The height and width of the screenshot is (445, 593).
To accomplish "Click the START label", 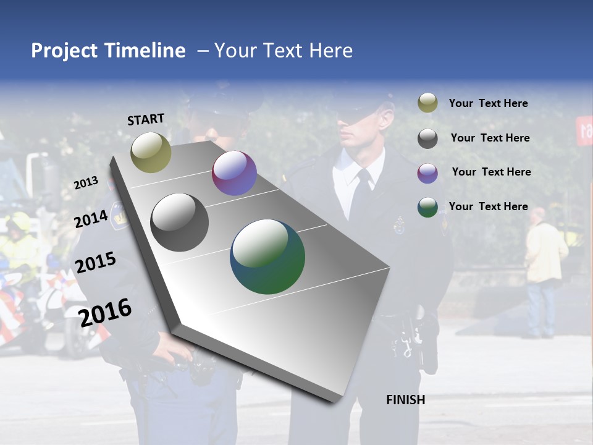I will click(x=146, y=119).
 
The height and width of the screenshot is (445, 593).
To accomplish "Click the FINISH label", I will click(x=406, y=400).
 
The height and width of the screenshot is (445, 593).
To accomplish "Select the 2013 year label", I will click(x=86, y=183).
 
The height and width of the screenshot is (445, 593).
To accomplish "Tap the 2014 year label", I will click(x=91, y=219).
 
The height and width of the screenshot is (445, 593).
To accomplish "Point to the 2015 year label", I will click(x=95, y=263).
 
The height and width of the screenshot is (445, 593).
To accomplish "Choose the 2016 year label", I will click(x=105, y=312).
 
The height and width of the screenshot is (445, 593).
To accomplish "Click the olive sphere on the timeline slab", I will click(x=151, y=152).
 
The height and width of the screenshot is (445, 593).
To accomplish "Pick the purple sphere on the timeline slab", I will click(x=234, y=173).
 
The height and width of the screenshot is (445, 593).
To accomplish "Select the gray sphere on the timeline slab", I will click(x=180, y=222).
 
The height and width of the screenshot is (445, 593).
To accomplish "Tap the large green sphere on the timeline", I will click(x=267, y=256).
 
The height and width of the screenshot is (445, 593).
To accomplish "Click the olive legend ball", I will click(x=427, y=103).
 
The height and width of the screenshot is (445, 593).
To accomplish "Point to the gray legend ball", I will click(x=427, y=138).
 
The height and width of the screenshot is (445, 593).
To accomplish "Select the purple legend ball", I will click(x=427, y=173).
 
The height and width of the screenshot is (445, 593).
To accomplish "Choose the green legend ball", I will click(x=427, y=207).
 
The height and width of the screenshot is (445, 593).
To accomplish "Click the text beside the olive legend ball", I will click(x=488, y=104).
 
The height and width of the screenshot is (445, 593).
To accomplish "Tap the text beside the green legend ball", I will click(x=488, y=206).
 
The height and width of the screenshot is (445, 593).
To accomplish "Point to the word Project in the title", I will click(x=64, y=51).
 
